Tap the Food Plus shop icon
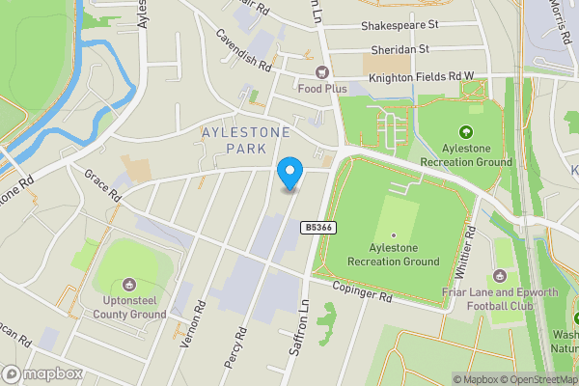[321, 72]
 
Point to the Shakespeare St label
[400, 27]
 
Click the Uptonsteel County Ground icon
[129, 284]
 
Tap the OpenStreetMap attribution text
[541, 379]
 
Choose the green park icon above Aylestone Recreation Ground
[467, 133]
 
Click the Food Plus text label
[321, 89]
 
